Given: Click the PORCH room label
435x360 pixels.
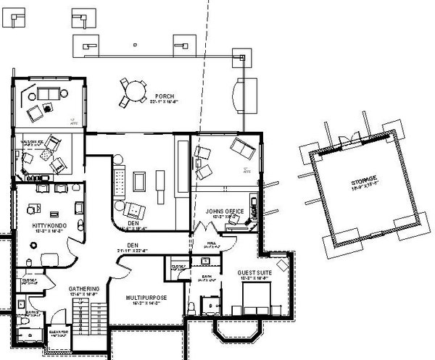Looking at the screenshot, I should pos(163,96).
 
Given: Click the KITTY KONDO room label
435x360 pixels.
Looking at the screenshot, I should pos(50,227).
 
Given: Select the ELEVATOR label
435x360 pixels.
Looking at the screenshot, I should pos(59,332).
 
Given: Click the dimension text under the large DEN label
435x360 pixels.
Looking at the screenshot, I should pos(132,251).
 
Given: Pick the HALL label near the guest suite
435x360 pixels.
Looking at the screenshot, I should pos(212,244).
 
